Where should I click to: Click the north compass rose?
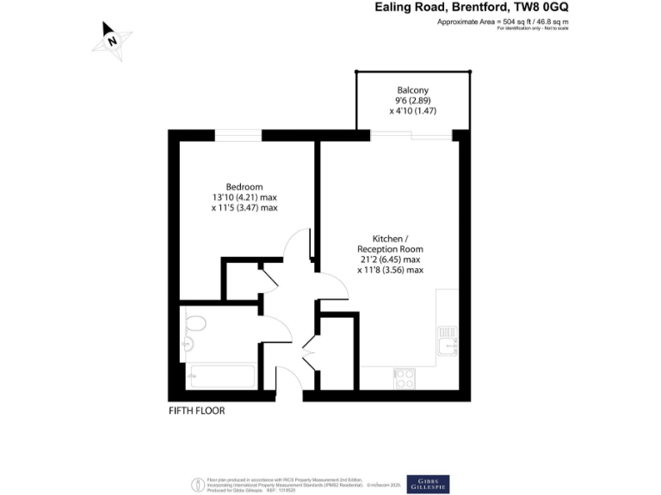[x=112, y=40]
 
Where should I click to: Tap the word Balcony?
[x=412, y=89]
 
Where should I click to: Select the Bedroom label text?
[x=244, y=186]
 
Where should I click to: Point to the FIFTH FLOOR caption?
[x=196, y=411]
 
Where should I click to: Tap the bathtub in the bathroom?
[x=221, y=376]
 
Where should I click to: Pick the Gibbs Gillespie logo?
[x=428, y=483]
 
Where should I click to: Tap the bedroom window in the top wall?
[x=238, y=135]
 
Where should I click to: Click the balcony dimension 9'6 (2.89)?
[x=412, y=100]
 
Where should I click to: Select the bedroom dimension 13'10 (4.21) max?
[x=244, y=197]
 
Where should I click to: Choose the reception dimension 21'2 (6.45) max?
[x=390, y=259]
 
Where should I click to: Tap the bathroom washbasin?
[x=186, y=345]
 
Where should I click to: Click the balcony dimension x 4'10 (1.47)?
[x=412, y=110]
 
